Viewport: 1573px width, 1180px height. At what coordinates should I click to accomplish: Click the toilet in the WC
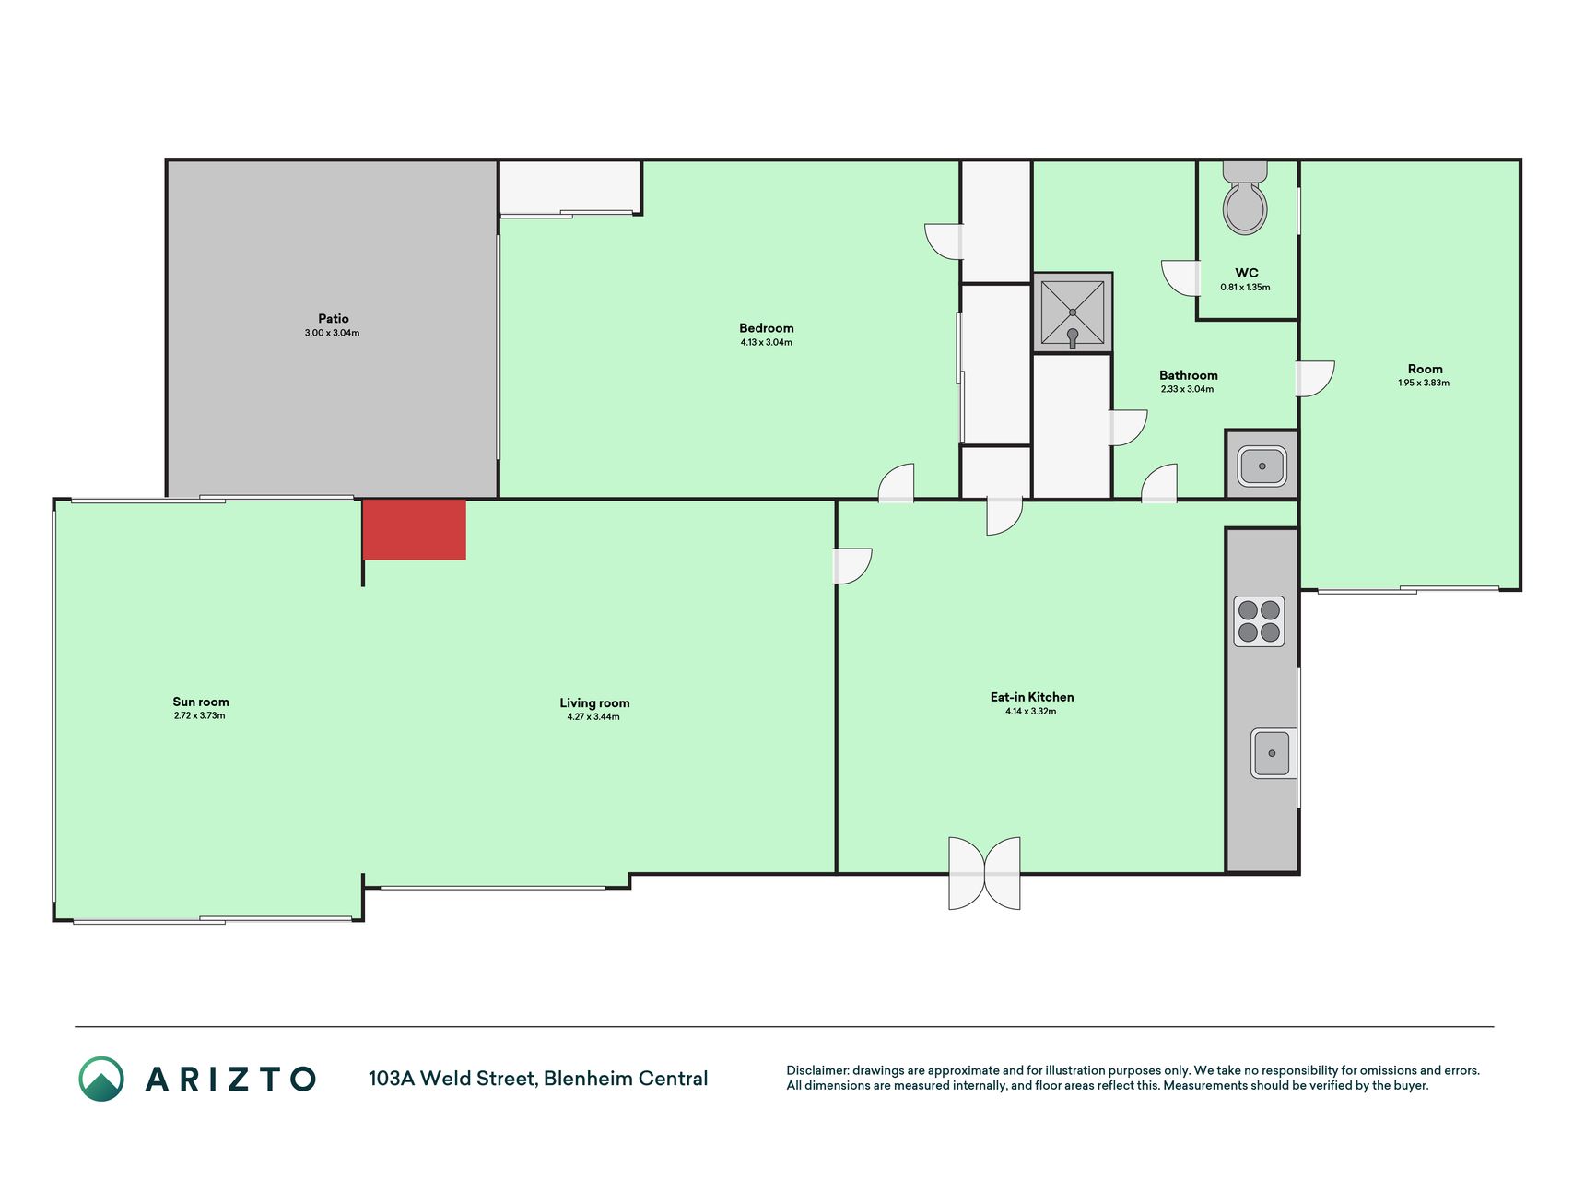[1245, 197]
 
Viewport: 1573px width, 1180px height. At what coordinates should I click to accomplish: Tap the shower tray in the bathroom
[1073, 313]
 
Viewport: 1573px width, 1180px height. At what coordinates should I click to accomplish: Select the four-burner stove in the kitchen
[1259, 620]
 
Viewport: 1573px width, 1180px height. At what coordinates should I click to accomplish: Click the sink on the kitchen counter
[1273, 753]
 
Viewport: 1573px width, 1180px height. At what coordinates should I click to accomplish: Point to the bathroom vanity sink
[1262, 466]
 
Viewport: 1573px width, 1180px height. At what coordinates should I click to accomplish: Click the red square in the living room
[414, 529]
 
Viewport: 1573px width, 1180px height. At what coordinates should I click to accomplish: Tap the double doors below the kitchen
[984, 873]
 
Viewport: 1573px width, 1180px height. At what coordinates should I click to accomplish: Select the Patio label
[334, 319]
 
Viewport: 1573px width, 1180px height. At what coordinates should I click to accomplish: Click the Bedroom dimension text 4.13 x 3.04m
[767, 342]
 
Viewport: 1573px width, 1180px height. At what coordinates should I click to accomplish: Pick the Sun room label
[201, 702]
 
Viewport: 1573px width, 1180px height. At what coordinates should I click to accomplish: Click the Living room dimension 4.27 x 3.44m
[593, 716]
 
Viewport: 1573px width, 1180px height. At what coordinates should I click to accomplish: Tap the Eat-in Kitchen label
[1032, 697]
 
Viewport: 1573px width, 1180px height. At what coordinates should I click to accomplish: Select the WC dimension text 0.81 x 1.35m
[1246, 287]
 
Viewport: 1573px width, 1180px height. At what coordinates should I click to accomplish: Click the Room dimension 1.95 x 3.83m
[1424, 383]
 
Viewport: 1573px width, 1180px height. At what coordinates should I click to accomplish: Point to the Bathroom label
[1189, 375]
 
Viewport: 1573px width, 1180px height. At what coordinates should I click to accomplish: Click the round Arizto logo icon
[101, 1079]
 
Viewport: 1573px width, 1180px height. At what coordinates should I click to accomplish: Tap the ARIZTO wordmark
[230, 1079]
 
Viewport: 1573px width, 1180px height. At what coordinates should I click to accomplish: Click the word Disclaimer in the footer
[816, 1070]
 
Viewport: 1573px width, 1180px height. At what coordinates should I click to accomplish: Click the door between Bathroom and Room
[1314, 378]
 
